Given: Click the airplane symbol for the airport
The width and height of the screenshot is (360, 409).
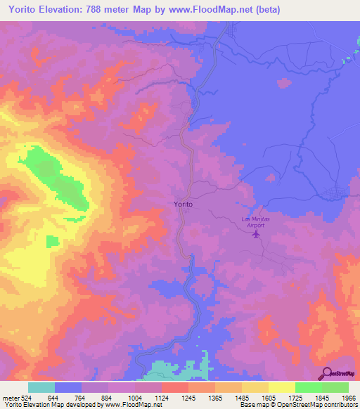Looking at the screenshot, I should [x=256, y=234].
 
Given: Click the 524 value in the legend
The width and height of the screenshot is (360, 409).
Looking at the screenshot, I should [x=26, y=398].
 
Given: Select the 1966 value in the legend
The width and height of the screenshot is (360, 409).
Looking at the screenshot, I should [x=348, y=398].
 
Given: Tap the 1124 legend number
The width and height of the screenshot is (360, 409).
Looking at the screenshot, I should [x=160, y=398].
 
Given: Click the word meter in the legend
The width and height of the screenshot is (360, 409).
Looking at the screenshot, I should [x=9, y=398].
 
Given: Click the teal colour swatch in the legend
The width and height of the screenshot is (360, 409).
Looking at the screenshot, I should [x=41, y=387].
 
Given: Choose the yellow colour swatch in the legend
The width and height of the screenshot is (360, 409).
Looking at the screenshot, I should [x=281, y=387].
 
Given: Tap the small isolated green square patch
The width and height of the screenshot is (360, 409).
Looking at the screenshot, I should [x=53, y=241].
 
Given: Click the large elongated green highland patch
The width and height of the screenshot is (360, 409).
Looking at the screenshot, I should [x=56, y=176].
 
